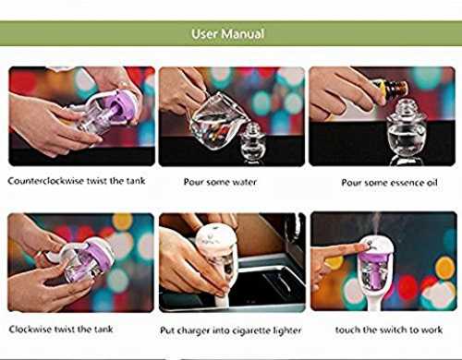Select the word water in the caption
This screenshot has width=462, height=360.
tap(244, 182)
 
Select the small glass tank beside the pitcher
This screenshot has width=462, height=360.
tap(253, 141)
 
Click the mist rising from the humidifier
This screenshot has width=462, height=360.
tap(376, 223)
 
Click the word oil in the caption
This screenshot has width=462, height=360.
tap(432, 183)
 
